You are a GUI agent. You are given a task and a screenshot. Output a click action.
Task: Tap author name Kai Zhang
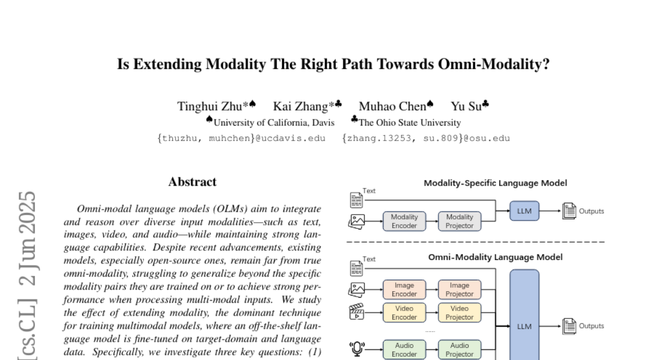pyautogui.click(x=303, y=106)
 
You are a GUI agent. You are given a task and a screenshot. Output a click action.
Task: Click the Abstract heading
pyautogui.click(x=192, y=182)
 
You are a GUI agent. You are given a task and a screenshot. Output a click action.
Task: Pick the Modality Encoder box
pyautogui.click(x=404, y=221)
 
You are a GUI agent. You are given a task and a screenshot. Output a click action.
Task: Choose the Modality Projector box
pyautogui.click(x=460, y=221)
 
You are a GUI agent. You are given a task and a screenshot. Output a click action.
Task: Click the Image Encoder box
pyautogui.click(x=404, y=289)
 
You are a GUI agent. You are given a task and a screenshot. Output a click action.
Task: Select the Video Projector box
pyautogui.click(x=460, y=313)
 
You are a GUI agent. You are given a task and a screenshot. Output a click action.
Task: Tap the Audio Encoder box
pyautogui.click(x=404, y=349)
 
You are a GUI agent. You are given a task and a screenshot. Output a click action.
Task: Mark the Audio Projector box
pyautogui.click(x=460, y=349)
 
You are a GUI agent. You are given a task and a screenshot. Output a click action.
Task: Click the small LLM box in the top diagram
pyautogui.click(x=524, y=211)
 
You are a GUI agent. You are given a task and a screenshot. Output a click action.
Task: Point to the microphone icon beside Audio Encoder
pyautogui.click(x=356, y=349)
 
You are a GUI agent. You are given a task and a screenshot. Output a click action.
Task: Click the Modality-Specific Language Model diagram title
pyautogui.click(x=495, y=183)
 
